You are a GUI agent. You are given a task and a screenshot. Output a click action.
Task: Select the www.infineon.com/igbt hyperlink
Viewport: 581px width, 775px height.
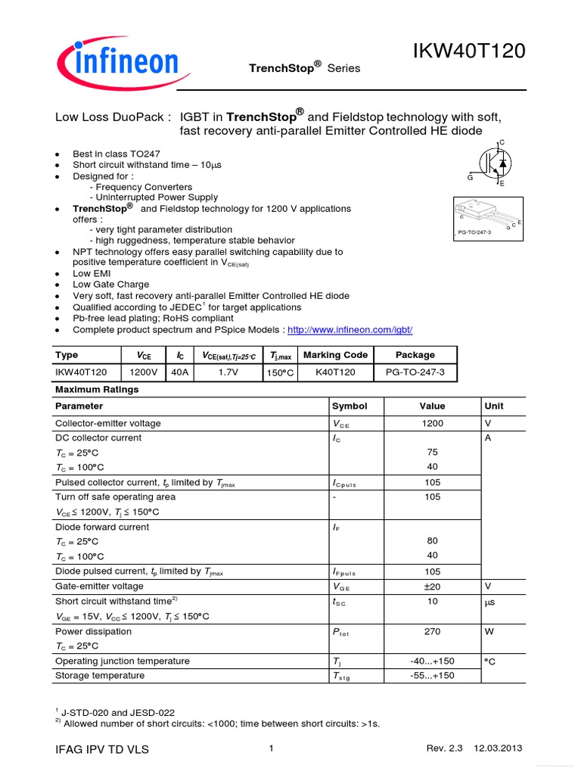350,331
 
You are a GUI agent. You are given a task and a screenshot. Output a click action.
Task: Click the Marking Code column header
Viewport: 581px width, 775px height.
335,355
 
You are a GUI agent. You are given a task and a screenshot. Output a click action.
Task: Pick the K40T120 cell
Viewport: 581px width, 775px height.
335,373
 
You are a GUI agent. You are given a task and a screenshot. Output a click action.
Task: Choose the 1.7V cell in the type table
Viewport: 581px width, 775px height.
228,373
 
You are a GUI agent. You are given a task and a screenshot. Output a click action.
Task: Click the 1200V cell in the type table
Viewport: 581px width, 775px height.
144,373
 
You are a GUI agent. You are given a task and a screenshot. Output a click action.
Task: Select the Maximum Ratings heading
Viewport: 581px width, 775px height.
97,390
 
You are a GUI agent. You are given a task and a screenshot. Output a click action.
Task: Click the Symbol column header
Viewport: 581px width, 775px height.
349,406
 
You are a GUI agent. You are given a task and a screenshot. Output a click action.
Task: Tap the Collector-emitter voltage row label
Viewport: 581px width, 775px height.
108,424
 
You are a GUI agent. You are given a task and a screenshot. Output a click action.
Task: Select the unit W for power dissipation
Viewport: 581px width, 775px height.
489,631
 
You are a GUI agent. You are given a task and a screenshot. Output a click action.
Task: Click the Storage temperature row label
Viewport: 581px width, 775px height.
100,675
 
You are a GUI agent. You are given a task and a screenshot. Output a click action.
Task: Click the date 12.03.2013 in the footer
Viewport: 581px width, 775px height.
498,749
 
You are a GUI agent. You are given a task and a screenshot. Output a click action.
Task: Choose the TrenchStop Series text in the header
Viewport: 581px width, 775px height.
305,68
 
